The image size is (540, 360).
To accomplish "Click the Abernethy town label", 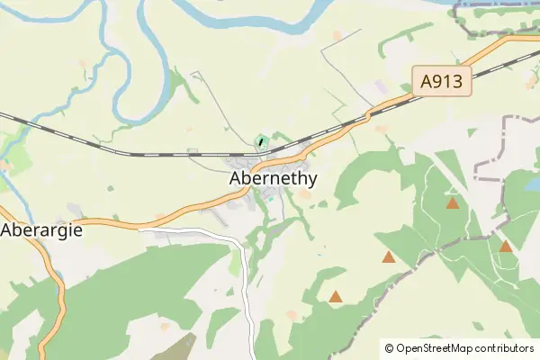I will point(272,178).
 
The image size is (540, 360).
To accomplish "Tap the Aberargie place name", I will point(42,229).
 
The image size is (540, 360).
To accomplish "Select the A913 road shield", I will point(442,83).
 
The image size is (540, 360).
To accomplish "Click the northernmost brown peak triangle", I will point(452,203).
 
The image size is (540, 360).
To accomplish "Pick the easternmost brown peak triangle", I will point(506,246).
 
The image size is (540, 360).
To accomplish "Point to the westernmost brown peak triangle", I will point(336,296).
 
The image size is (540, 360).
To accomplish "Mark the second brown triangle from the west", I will point(389,257).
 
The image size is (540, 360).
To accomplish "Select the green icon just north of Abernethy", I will point(261,141).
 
